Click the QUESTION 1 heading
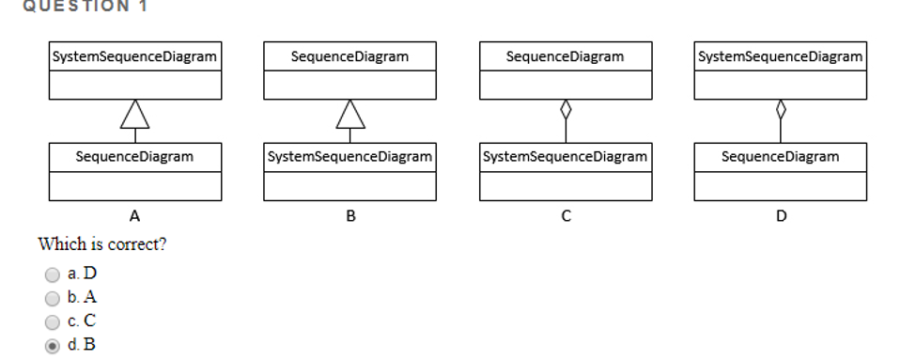[73, 6]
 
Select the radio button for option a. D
[54, 274]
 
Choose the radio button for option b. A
[54, 298]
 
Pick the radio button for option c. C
[54, 321]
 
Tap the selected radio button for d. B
[54, 345]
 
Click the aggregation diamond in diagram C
[565, 110]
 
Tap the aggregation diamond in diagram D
[780, 110]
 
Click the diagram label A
[135, 217]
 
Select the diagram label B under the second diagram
[350, 217]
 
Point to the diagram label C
[566, 217]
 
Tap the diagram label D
[781, 217]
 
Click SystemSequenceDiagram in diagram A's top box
[135, 57]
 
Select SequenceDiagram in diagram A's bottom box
[135, 157]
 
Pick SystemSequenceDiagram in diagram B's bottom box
[350, 157]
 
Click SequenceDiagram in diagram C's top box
[565, 57]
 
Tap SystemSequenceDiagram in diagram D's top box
[780, 57]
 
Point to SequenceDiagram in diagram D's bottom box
[780, 157]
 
